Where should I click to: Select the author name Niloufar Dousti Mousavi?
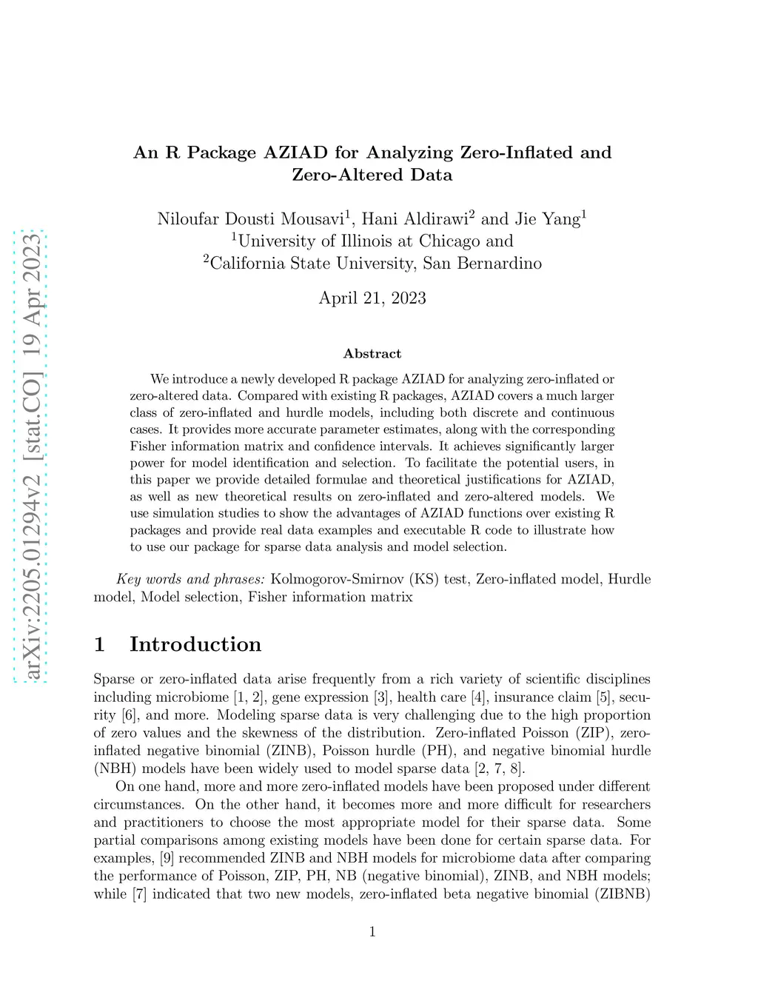click(x=250, y=219)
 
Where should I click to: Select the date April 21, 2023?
click(x=372, y=298)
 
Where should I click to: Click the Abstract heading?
click(x=372, y=354)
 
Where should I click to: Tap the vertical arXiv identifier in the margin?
click(x=31, y=456)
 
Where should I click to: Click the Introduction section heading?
click(x=195, y=644)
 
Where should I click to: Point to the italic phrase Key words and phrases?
click(x=190, y=579)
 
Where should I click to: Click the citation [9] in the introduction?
click(x=167, y=858)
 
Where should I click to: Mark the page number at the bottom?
click(x=372, y=931)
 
